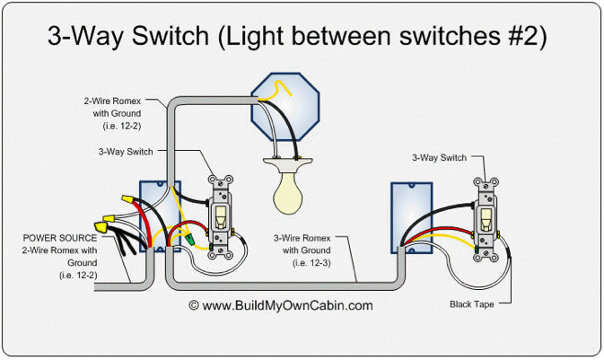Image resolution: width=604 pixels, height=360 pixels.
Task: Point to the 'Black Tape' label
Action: [x=472, y=304]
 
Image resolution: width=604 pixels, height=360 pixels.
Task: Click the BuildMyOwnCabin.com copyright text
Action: [x=280, y=305]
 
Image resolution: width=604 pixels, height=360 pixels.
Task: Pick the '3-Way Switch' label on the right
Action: [x=439, y=158]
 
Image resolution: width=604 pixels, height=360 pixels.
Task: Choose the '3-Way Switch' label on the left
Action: [x=125, y=152]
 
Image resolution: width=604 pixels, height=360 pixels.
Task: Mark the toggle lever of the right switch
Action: [x=486, y=217]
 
